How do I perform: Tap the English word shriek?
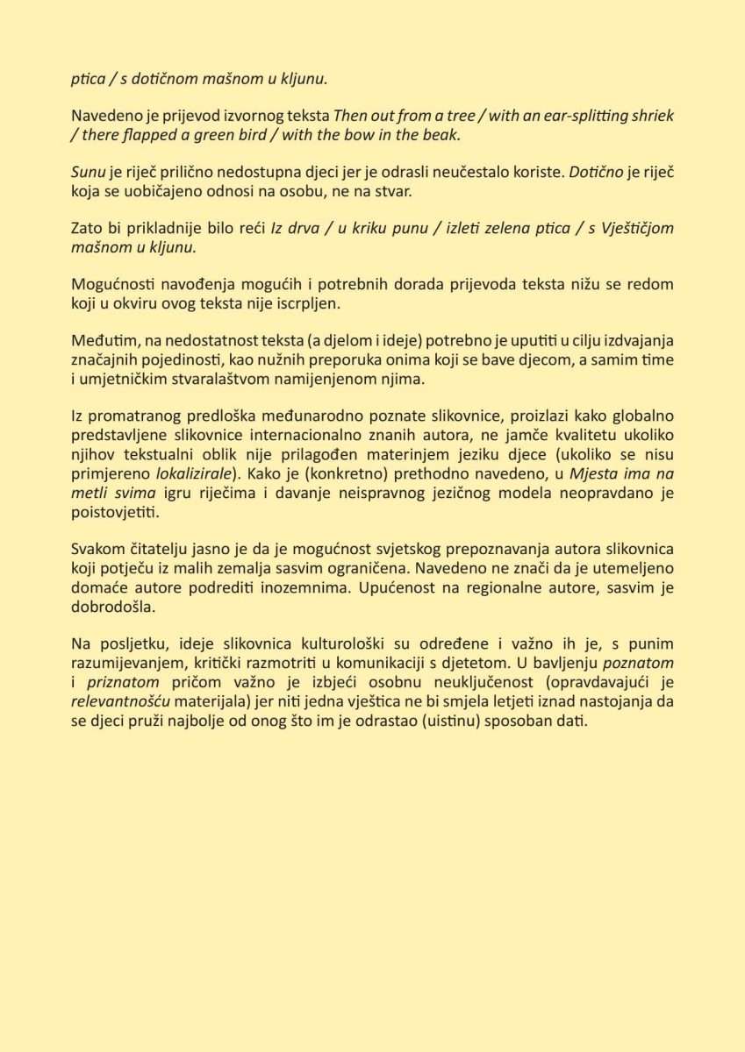pos(651,116)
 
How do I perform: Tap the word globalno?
pos(639,416)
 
